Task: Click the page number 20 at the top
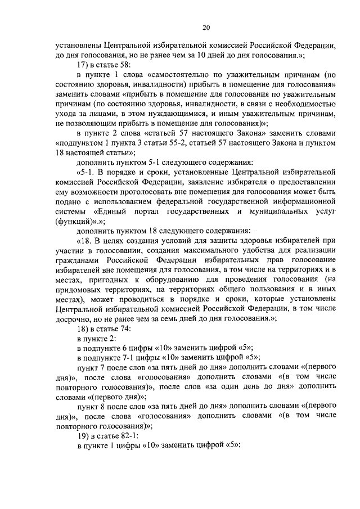pyautogui.click(x=206, y=27)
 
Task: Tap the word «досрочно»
pyautogui.click(x=74, y=318)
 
